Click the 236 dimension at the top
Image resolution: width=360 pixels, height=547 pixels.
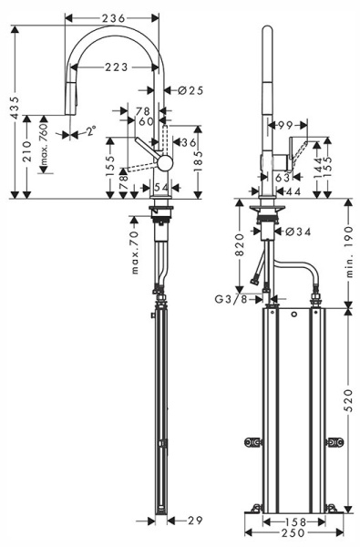coord(114,18)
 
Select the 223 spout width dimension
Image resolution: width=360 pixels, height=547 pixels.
coord(115,66)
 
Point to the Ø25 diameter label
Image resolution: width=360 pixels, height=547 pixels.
coord(189,89)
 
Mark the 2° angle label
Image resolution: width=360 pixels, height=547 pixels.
coord(89,131)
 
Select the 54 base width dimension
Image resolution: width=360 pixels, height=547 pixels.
coord(161,187)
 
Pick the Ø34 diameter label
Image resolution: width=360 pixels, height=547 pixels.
coord(299,232)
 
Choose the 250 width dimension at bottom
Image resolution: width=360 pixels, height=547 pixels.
coord(292,534)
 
